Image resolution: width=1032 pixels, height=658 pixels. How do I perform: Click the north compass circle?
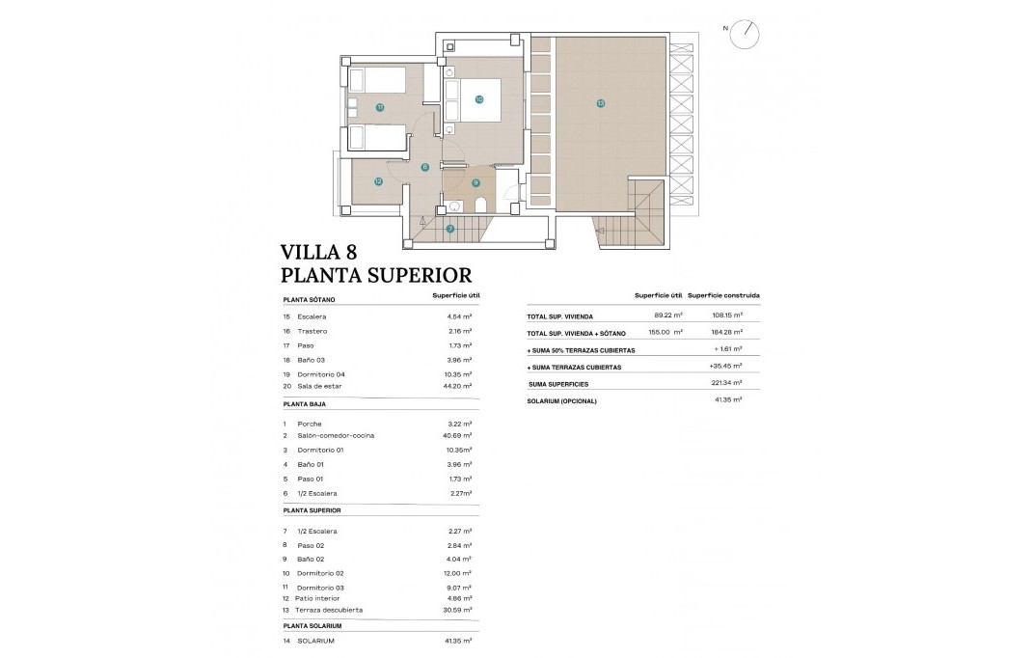tap(745, 35)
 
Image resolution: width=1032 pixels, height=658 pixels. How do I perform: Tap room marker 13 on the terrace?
tap(600, 103)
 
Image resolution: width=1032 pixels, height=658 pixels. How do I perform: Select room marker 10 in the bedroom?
tap(478, 98)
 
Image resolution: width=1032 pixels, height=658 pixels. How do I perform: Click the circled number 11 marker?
tap(380, 107)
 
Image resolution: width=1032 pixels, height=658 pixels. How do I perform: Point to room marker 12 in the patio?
tap(378, 180)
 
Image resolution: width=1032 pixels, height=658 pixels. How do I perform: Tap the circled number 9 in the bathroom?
tap(475, 181)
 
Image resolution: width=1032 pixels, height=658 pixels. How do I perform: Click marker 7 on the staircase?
tap(449, 229)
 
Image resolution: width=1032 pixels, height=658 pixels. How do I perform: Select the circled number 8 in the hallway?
tap(424, 167)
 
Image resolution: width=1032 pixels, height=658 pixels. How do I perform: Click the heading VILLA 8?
tap(318, 253)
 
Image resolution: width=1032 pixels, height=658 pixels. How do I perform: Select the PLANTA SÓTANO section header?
tap(310, 300)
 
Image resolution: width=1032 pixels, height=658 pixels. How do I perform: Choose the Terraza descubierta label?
tap(331, 610)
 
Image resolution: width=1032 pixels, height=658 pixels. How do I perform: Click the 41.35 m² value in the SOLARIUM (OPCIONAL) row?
tap(729, 400)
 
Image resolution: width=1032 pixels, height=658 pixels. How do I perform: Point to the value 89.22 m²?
tap(667, 315)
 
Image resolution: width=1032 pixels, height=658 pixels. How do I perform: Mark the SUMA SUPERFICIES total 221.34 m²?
tap(727, 383)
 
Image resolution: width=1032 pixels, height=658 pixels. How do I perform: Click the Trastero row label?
tap(312, 331)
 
